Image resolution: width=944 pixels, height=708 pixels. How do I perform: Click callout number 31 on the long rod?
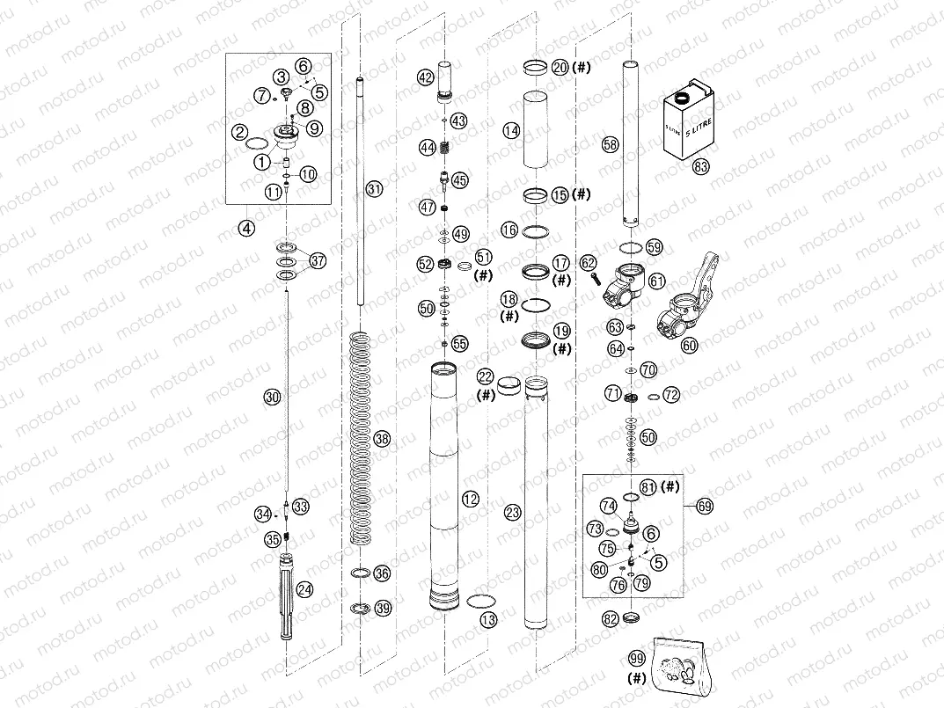[375, 189]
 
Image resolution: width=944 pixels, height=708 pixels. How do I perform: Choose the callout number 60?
[689, 346]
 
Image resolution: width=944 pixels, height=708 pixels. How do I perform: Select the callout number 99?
[638, 658]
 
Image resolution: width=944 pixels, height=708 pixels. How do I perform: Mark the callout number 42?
[426, 77]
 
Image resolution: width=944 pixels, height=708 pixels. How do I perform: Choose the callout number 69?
[705, 506]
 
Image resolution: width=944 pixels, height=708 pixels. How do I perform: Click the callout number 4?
[247, 228]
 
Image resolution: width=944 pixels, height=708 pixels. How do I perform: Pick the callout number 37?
[317, 260]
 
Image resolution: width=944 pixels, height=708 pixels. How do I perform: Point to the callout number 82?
[611, 619]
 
